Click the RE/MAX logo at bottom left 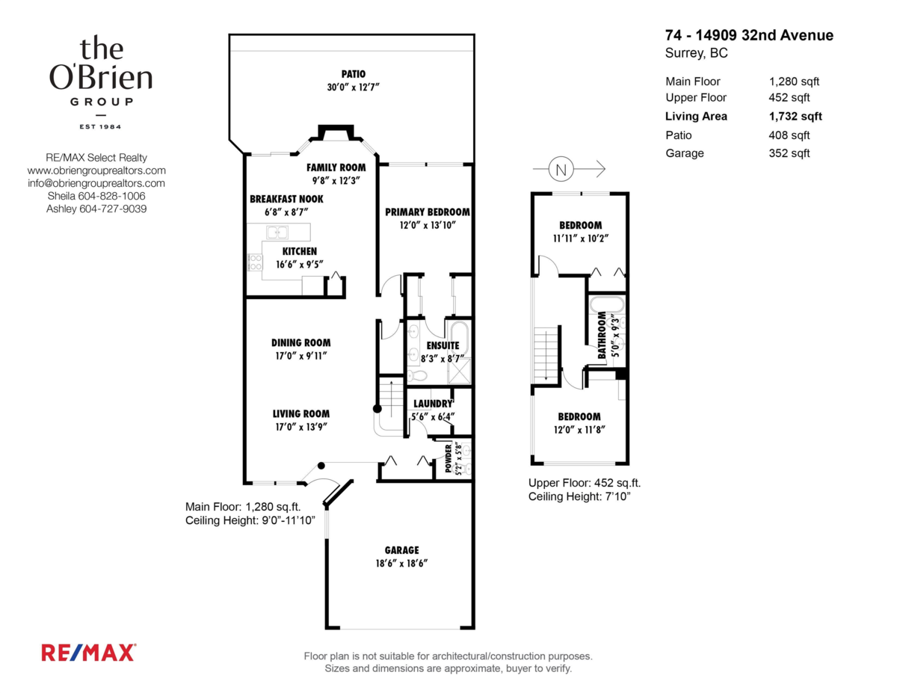tap(88, 652)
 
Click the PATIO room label tap(353, 74)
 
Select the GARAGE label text tap(401, 550)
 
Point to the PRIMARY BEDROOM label tap(427, 212)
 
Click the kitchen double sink tap(278, 232)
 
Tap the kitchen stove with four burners tap(255, 262)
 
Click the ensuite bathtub tap(458, 339)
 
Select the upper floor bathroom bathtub tap(606, 304)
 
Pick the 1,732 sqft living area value tap(795, 116)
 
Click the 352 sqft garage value tap(789, 153)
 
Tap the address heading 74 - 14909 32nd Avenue tap(749, 35)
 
